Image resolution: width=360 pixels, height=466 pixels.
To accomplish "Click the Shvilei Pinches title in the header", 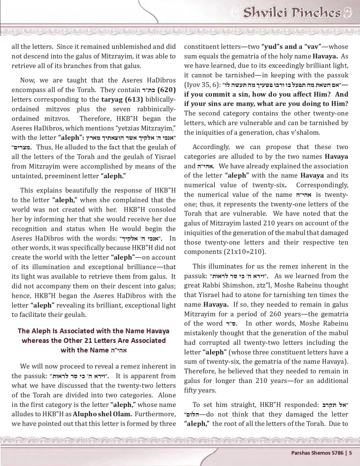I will click(292, 13).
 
